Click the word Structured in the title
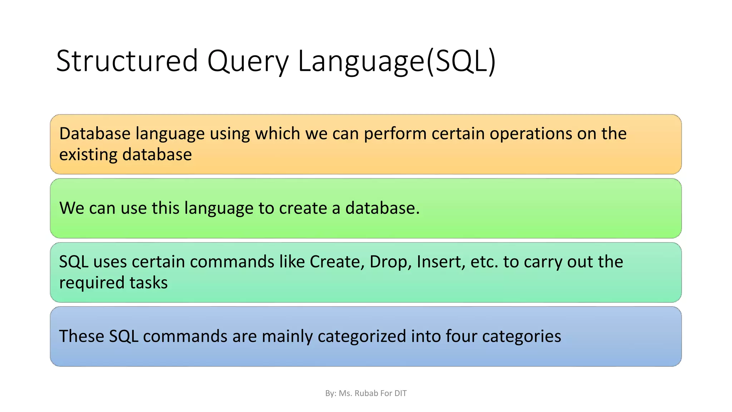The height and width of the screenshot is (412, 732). coord(127,61)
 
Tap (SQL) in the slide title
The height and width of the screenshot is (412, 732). coord(461,61)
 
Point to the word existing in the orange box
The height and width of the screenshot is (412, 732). coord(88,154)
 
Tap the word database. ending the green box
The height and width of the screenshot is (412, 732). coord(382,208)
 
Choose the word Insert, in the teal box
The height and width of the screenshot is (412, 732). coord(441,262)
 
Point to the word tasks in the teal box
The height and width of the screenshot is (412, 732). coord(148,283)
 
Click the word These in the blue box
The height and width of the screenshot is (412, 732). coord(81,336)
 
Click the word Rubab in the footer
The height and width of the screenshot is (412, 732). coord(366,393)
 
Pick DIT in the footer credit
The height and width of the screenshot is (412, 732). coord(400,393)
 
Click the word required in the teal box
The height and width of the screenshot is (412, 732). coord(92,283)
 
